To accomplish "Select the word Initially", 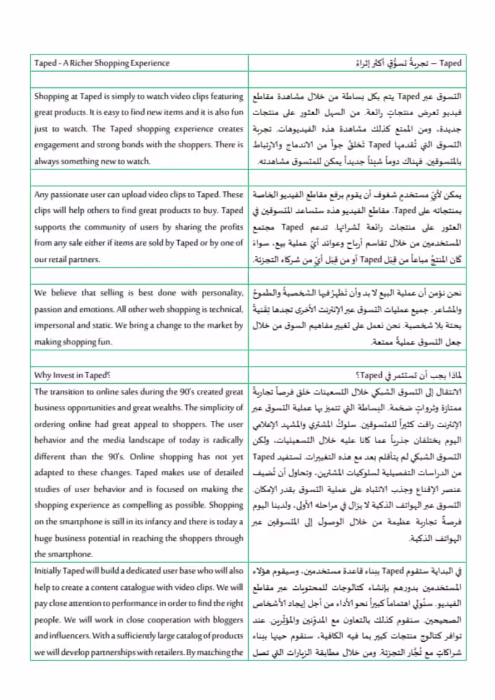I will click(x=49, y=571).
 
